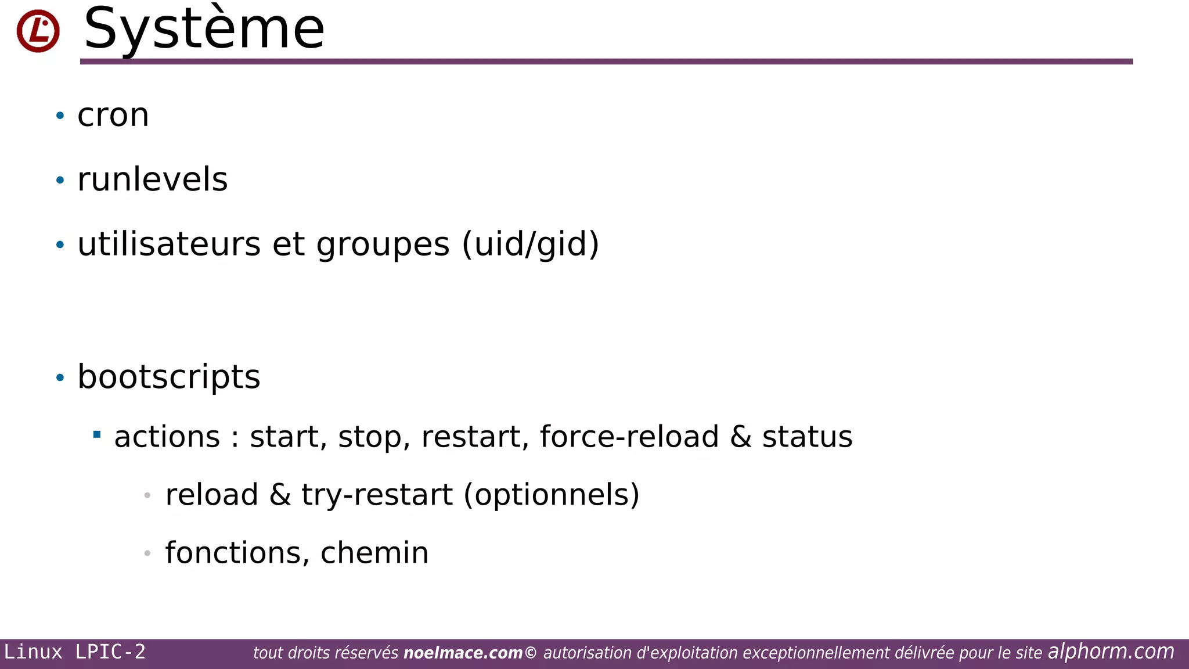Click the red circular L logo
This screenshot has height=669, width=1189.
38,31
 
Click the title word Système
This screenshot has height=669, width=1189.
204,29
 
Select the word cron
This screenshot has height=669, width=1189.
113,115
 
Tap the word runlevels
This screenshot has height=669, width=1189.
153,179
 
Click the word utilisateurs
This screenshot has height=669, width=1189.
169,244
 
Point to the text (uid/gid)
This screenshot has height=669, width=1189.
531,244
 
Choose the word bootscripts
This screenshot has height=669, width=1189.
169,377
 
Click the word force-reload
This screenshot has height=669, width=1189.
629,437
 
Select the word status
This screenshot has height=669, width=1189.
807,437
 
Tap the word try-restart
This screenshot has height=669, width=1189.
377,495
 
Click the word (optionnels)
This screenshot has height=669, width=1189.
552,495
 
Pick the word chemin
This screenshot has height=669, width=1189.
374,553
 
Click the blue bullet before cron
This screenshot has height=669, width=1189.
60,116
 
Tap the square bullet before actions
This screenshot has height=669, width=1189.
97,434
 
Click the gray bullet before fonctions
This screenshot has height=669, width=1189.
147,553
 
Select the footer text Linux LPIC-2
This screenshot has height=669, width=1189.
75,652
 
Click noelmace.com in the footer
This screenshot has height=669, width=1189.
463,653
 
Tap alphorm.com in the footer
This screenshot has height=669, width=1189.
1111,652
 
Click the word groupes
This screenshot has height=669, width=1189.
383,244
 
